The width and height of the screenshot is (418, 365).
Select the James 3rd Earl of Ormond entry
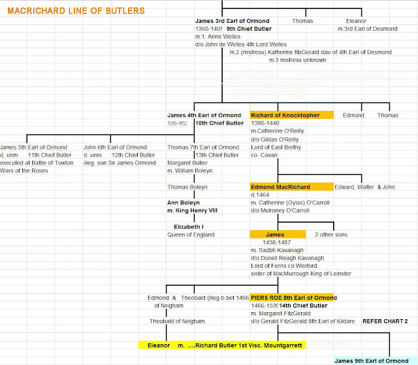tap(223, 21)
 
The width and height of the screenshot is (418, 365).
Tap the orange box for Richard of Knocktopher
tap(291, 115)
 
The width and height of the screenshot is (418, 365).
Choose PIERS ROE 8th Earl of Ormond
tap(293, 298)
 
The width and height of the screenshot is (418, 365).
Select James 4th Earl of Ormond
tap(204, 115)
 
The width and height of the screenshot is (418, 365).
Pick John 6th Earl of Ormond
tap(115, 148)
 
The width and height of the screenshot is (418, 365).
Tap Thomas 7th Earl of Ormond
tap(203, 148)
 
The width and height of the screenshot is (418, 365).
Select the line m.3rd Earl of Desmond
tap(367, 29)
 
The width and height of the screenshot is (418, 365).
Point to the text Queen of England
tap(191, 234)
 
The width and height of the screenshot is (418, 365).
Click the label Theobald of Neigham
tap(177, 321)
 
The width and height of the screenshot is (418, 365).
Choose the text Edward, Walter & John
tap(365, 187)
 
